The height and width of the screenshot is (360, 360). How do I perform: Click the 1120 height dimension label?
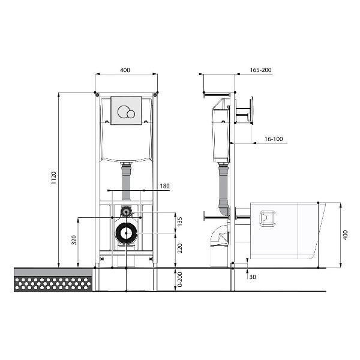pyautogui.click(x=54, y=178)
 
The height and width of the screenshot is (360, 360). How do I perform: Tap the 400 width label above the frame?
pyautogui.click(x=125, y=70)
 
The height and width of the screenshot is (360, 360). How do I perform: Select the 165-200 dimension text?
pyautogui.click(x=260, y=70)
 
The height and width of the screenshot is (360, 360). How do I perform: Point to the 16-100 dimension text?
pyautogui.click(x=274, y=139)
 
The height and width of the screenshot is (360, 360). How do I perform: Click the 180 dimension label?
pyautogui.click(x=164, y=186)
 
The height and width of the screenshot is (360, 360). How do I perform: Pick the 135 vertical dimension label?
pyautogui.click(x=180, y=221)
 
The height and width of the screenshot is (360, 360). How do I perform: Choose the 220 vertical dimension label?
pyautogui.click(x=180, y=248)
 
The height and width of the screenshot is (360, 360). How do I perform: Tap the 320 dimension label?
pyautogui.click(x=74, y=240)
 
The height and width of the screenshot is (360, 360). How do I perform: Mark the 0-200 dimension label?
pyautogui.click(x=180, y=280)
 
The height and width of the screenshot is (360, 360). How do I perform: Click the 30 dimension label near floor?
pyautogui.click(x=253, y=277)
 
